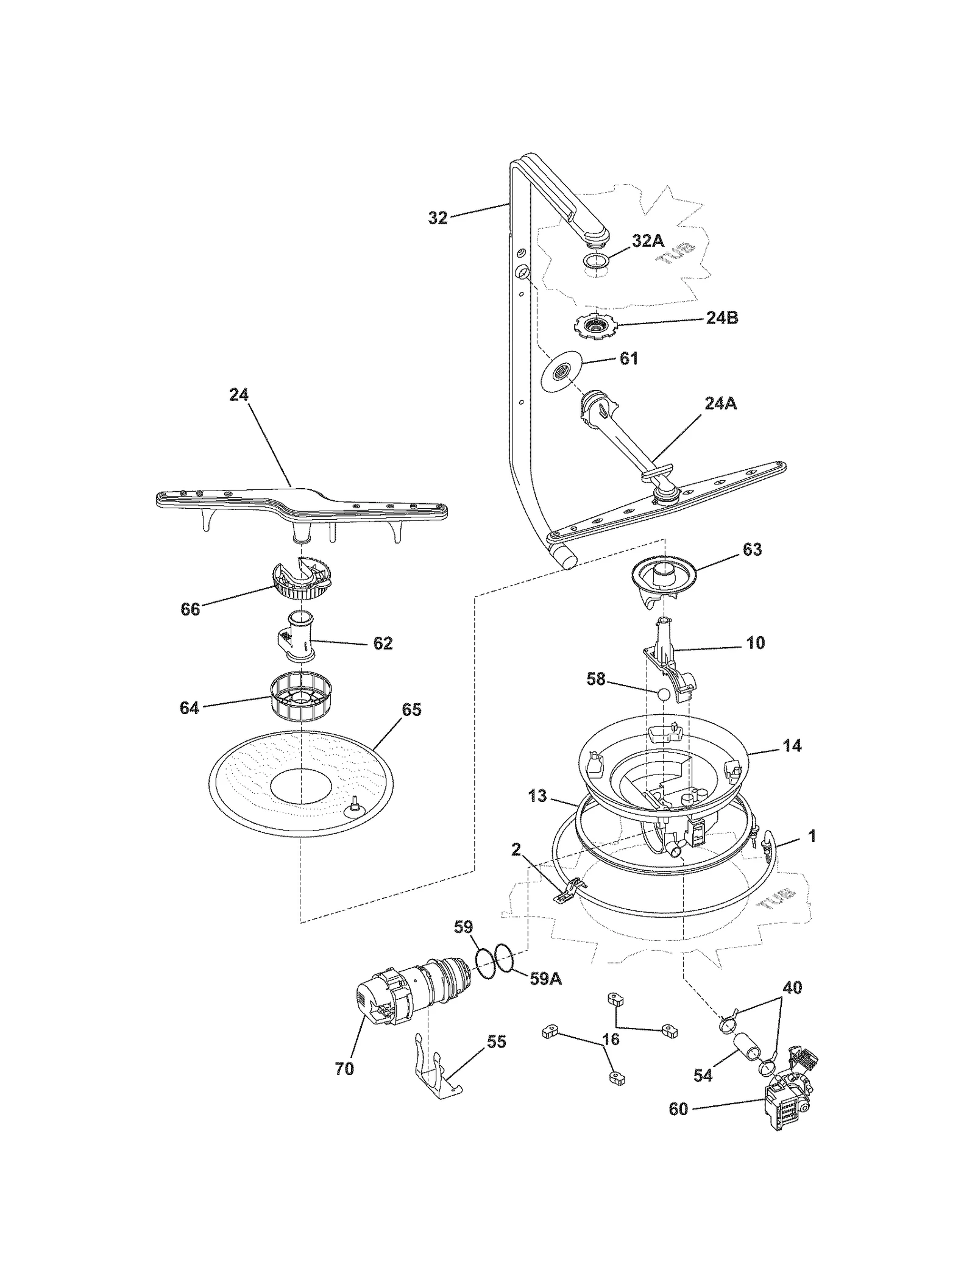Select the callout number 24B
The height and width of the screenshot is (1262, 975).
722,317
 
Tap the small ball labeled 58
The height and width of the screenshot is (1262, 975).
664,694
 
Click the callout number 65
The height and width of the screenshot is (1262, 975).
412,709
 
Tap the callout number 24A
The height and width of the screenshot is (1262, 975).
721,403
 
